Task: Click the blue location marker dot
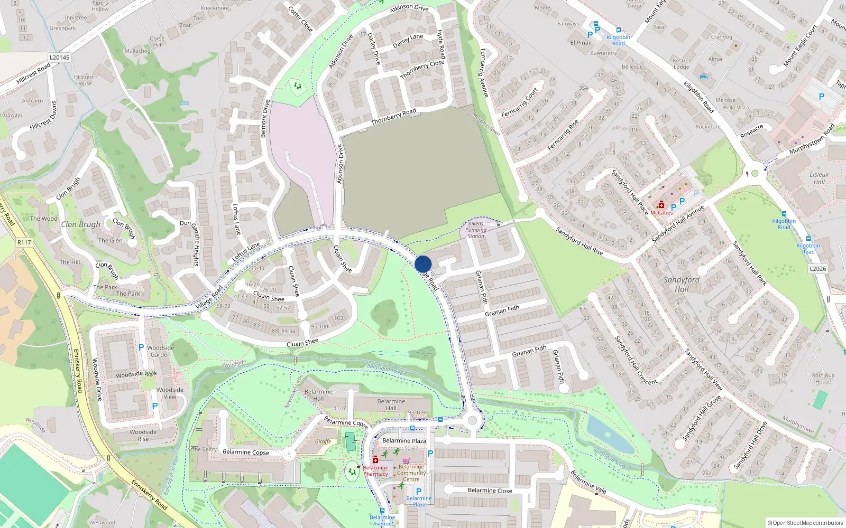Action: [x=423, y=264]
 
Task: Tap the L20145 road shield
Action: [x=59, y=58]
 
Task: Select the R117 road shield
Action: [x=24, y=242]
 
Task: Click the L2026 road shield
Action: [x=817, y=269]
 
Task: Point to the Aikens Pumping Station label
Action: [x=476, y=230]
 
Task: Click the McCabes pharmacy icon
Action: [x=661, y=205]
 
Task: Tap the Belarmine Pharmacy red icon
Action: [x=375, y=460]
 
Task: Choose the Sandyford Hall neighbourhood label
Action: [x=681, y=284]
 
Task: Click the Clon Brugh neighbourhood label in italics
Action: [x=80, y=224]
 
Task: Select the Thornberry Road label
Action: [x=393, y=117]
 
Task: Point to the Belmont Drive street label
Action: [x=265, y=118]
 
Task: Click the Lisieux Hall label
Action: [x=819, y=178]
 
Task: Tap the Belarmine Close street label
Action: [x=490, y=491]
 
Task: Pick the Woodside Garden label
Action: [x=161, y=351]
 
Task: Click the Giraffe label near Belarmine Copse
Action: [x=323, y=441]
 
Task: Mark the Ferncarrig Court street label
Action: [x=519, y=102]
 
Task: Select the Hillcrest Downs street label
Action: [x=43, y=116]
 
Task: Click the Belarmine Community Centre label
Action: [x=411, y=473]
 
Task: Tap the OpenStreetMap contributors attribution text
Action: [x=805, y=523]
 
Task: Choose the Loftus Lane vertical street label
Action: [x=237, y=219]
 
